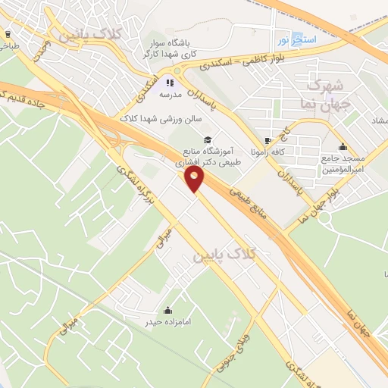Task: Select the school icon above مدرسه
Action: point(171,83)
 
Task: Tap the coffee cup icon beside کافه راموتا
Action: point(267,141)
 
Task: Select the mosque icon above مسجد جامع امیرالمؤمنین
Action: point(343,147)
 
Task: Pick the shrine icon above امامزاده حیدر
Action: point(167,311)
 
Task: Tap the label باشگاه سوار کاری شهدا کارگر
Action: point(169,49)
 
